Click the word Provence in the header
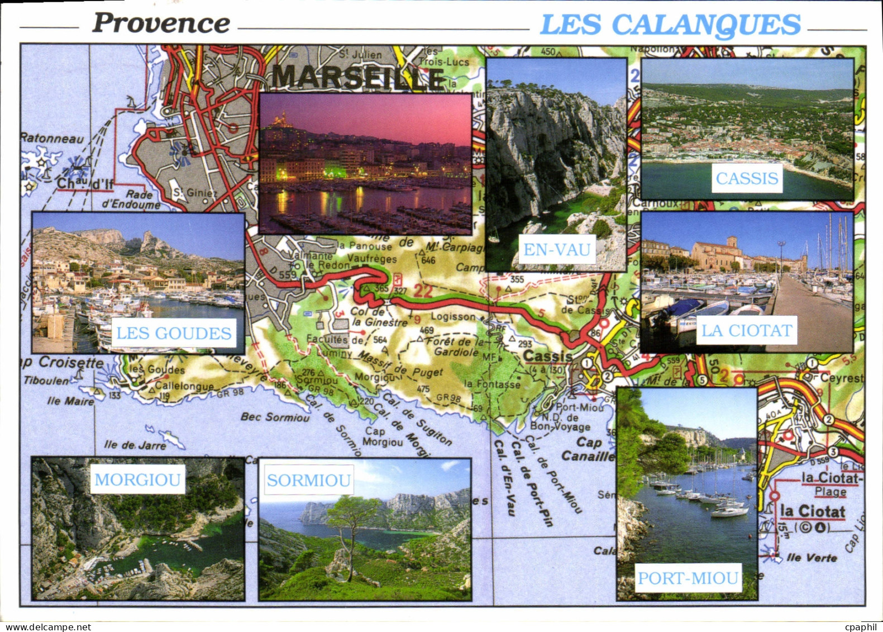click(x=161, y=23)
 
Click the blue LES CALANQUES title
click(x=670, y=25)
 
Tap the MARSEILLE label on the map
click(x=357, y=77)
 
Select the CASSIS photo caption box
click(x=747, y=178)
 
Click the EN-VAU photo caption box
click(x=557, y=249)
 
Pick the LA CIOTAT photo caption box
click(x=747, y=330)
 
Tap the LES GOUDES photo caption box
click(x=174, y=333)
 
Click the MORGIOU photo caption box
click(x=137, y=479)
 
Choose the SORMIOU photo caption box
click(x=308, y=480)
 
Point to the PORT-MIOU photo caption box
click(x=688, y=578)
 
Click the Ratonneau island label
click(x=52, y=138)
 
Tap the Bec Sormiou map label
click(x=275, y=417)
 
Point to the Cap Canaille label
click(x=587, y=449)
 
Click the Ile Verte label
click(x=812, y=558)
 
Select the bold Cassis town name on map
click(x=547, y=356)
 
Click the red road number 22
click(x=423, y=291)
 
